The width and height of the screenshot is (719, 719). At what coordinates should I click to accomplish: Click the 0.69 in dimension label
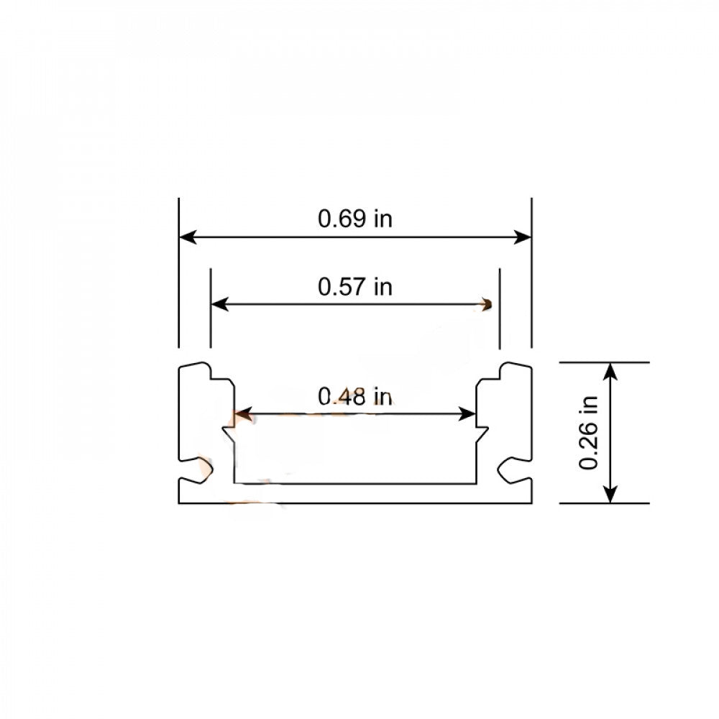[355, 219]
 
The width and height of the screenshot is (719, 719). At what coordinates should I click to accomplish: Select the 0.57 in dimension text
[355, 287]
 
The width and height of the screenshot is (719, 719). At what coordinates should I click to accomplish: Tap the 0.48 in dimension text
[355, 396]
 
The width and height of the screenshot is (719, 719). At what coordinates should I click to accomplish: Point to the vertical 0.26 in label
[590, 433]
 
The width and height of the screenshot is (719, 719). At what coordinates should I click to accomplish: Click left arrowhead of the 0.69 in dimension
[186, 236]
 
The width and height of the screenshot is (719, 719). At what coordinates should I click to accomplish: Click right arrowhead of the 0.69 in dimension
[525, 236]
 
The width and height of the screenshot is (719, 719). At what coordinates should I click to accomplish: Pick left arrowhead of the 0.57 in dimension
[218, 304]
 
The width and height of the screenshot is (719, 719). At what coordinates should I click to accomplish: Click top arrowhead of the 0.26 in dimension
[610, 370]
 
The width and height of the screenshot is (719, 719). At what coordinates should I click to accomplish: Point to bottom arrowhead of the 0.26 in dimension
[610, 496]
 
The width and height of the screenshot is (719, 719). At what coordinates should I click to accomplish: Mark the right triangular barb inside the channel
[482, 431]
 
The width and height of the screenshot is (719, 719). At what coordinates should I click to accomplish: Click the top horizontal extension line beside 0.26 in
[604, 362]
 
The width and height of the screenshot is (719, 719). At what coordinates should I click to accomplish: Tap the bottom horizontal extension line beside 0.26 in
[604, 503]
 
